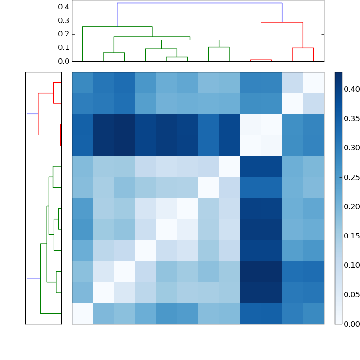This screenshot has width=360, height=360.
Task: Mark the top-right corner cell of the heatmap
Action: click(313, 82)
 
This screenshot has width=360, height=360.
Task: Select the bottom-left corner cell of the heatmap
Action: click(82, 313)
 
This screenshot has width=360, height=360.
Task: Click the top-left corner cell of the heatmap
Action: click(82, 82)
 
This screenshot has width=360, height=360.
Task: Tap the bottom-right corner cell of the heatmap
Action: click(313, 313)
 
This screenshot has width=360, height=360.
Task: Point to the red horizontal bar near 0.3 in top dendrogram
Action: click(282, 22)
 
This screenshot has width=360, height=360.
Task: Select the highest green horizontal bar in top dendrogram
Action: click(117, 27)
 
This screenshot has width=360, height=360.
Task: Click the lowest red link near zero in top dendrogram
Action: click(261, 60)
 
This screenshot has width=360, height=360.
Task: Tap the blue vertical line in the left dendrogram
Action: click(27, 196)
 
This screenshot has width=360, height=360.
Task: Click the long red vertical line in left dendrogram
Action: click(38, 114)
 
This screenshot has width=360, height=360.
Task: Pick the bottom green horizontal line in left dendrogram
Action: click(51, 313)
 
